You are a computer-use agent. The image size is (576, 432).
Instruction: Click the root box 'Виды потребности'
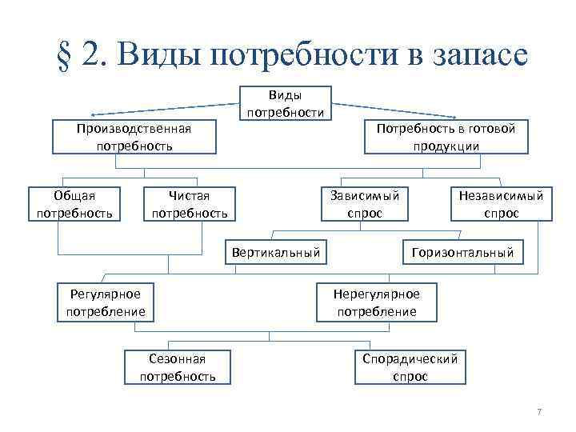point(286,103)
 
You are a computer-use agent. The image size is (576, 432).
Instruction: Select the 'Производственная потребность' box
point(134,137)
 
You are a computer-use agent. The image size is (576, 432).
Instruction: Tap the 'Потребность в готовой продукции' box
point(446,137)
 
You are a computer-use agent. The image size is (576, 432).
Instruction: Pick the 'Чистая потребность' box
point(190,204)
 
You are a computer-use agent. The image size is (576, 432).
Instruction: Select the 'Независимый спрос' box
point(501,204)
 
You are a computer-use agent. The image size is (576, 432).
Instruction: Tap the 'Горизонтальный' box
point(462,253)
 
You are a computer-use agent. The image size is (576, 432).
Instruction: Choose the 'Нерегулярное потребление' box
point(377,302)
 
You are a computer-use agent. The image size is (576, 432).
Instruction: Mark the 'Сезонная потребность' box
point(178,367)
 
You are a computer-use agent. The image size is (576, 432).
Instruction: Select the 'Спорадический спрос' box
point(410,367)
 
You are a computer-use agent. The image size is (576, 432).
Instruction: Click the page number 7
point(539,412)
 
